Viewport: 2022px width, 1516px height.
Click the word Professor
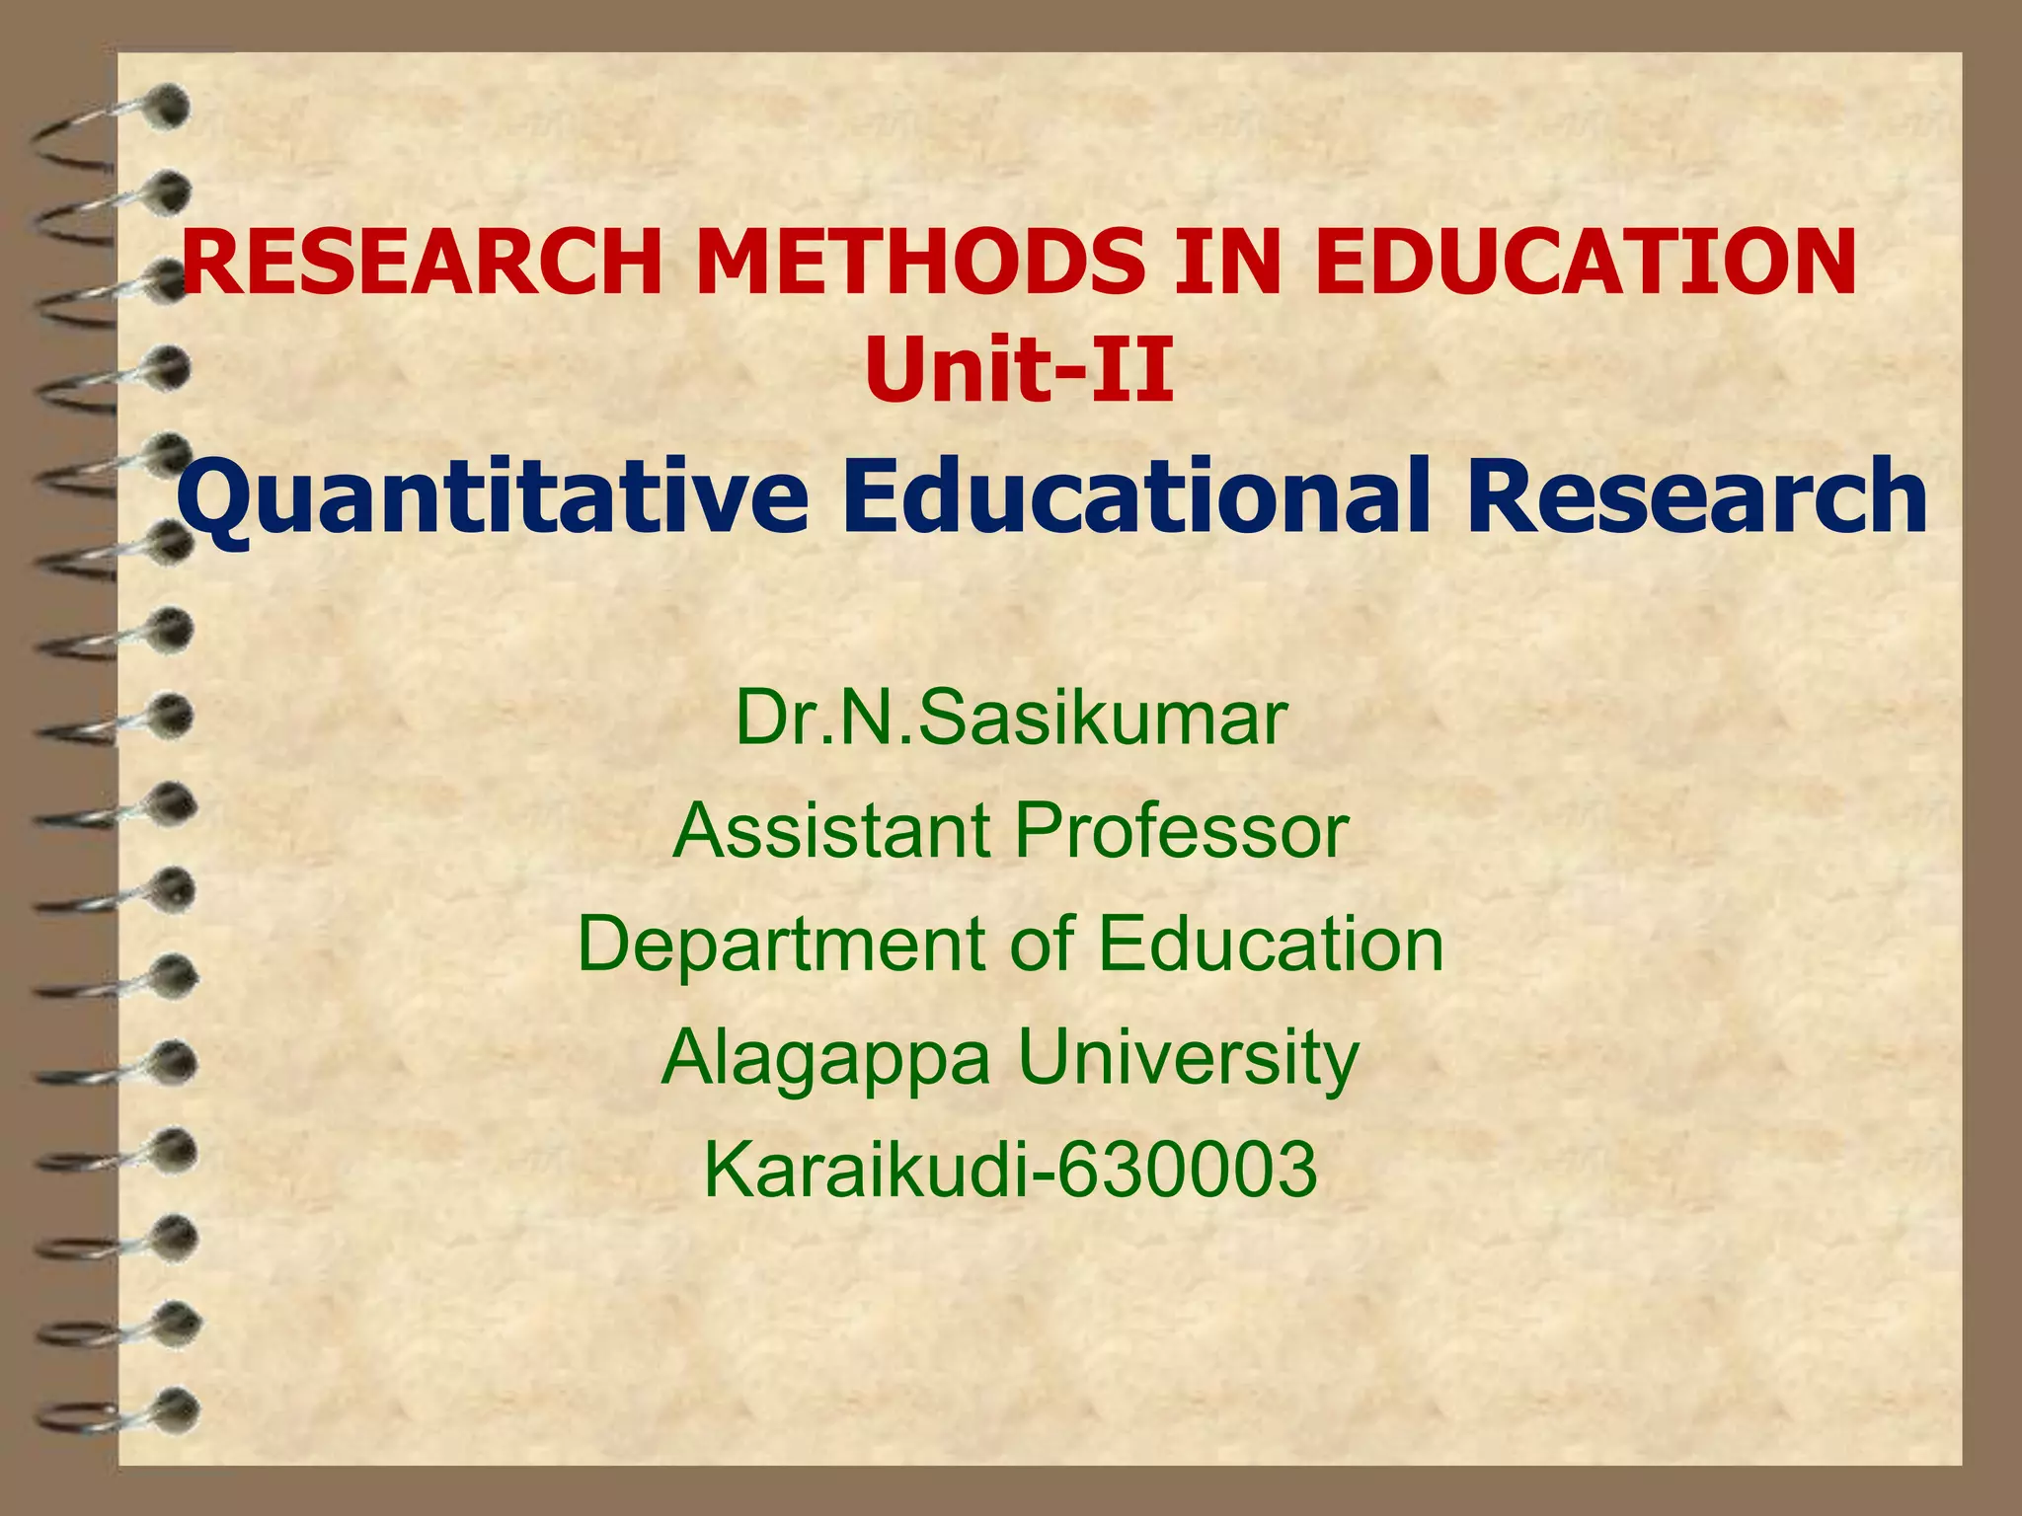(x=1181, y=831)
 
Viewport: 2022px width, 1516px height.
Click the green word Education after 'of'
(x=1271, y=944)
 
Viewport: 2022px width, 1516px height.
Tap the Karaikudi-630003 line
(x=1010, y=1170)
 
